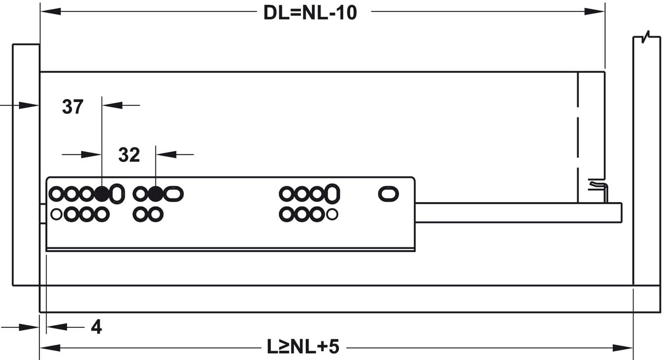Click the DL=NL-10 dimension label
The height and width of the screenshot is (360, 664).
point(310,13)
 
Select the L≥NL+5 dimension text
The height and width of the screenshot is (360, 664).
point(303,346)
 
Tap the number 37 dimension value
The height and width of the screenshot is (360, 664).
point(73,107)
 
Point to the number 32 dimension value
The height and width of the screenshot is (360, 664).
point(129,155)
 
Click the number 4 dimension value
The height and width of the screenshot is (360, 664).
point(96,327)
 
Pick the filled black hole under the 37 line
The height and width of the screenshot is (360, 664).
point(102,194)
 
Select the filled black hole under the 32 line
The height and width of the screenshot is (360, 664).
point(155,194)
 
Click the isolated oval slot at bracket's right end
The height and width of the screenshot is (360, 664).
point(388,194)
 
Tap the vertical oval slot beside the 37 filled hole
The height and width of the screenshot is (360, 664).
point(117,194)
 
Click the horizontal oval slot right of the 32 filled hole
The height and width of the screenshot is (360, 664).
point(174,194)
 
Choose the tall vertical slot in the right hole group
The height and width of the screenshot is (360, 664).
point(332,194)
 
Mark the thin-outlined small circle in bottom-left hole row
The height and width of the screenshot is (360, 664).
point(56,214)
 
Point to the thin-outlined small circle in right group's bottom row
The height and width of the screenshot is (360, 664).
point(332,214)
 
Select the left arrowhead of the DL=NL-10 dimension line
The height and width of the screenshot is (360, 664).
point(51,11)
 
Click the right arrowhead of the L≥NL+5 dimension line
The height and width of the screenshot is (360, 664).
point(623,348)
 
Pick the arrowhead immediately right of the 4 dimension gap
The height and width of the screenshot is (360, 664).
point(57,327)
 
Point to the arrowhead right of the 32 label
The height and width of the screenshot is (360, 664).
point(166,154)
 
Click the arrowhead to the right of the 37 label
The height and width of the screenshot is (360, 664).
point(112,105)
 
